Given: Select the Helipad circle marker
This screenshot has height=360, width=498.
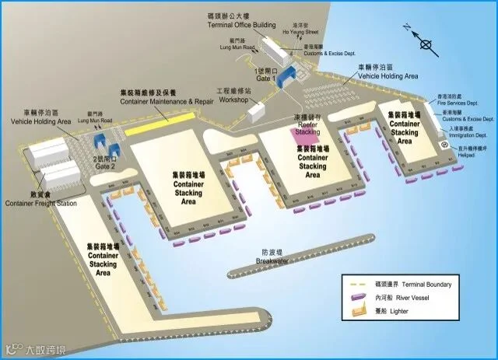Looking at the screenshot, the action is [x=444, y=145].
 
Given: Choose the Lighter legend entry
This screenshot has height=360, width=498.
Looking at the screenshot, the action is [x=405, y=313].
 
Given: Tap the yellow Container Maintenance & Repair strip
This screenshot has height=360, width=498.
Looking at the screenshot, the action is [x=158, y=124].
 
